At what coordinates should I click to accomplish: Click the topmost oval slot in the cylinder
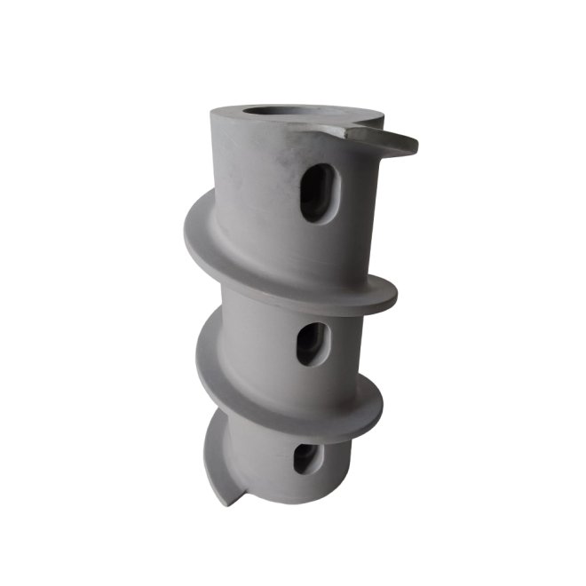point(317,193)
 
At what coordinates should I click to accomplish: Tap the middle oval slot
point(312,344)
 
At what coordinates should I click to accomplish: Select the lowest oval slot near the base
point(305,457)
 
